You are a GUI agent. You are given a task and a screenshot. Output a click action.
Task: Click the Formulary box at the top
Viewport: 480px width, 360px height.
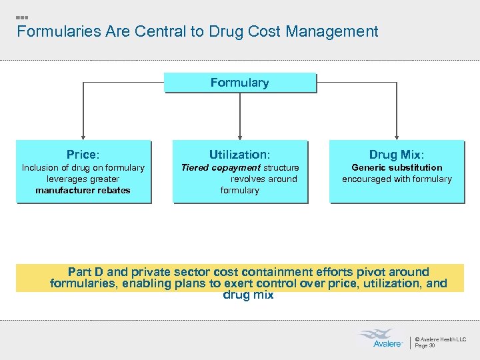click(x=239, y=83)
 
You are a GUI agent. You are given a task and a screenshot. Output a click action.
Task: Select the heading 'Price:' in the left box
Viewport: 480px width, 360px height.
click(x=83, y=155)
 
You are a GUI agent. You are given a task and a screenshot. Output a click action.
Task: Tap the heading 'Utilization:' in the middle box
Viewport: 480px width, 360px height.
click(x=239, y=155)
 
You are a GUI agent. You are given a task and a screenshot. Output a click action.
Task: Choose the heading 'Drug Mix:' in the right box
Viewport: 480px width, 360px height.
click(x=397, y=155)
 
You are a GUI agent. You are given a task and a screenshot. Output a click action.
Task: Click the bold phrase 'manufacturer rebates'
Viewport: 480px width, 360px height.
click(x=83, y=191)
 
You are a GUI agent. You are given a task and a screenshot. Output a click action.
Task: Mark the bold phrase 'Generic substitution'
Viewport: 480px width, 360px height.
click(x=397, y=167)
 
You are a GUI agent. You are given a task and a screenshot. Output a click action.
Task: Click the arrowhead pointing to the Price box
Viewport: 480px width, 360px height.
click(x=83, y=136)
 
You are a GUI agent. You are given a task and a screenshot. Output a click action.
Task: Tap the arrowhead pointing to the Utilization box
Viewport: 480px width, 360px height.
click(x=239, y=136)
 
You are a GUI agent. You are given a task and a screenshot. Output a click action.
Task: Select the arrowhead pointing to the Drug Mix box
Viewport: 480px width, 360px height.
click(x=397, y=136)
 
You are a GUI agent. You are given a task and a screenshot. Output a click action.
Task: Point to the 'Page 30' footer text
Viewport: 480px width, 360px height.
click(x=425, y=345)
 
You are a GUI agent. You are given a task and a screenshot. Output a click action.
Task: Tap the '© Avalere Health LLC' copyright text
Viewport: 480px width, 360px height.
click(x=441, y=339)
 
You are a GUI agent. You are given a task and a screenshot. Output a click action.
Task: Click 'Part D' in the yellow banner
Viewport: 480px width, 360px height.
click(x=85, y=272)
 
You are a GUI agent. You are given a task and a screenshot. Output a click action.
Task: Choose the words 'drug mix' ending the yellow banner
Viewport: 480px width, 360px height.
click(x=248, y=295)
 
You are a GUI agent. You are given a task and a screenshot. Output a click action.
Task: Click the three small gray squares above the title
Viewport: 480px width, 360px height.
click(x=22, y=17)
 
